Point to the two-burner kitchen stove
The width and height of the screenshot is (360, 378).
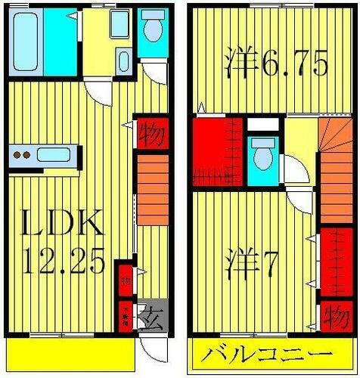(23, 156)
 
